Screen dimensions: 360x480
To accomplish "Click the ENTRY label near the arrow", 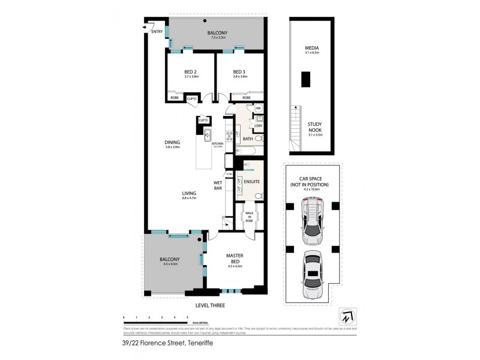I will coord(157,31).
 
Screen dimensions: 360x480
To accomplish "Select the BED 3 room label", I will coord(240,72).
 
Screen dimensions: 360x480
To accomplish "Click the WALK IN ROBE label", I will coord(248,216).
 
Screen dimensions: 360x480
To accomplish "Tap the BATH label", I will coord(248,139).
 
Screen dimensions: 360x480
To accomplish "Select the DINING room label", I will coord(173,142).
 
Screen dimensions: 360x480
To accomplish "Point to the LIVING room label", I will coord(191,193).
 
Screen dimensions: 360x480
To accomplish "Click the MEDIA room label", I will coord(311,47).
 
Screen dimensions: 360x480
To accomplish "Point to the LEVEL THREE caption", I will coord(205,305).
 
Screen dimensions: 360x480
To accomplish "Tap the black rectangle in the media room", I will coord(306,79).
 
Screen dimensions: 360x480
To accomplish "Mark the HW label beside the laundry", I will coord(258,108).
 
